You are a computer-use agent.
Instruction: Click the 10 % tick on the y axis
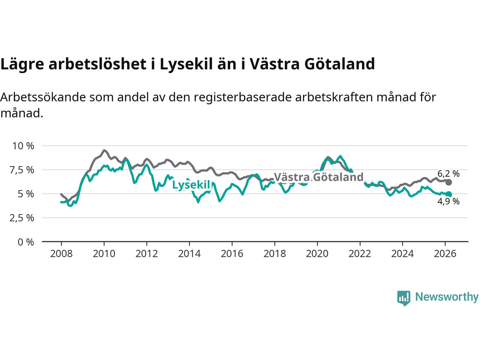23,146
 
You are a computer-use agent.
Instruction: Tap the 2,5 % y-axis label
22,218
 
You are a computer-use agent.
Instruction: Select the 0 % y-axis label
26,242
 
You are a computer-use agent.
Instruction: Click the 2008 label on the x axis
61,254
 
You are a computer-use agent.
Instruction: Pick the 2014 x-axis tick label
189,254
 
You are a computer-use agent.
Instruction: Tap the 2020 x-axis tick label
317,254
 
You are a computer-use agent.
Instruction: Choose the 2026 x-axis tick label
445,254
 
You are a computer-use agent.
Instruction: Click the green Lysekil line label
191,185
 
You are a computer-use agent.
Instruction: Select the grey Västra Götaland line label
319,177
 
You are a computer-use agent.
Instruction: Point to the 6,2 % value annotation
448,174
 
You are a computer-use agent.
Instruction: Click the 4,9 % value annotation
448,201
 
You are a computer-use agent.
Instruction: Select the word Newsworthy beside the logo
447,297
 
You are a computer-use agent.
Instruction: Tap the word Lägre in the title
22,64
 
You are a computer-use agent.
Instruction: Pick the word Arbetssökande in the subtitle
43,97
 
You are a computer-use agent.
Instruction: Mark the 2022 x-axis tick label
360,254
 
